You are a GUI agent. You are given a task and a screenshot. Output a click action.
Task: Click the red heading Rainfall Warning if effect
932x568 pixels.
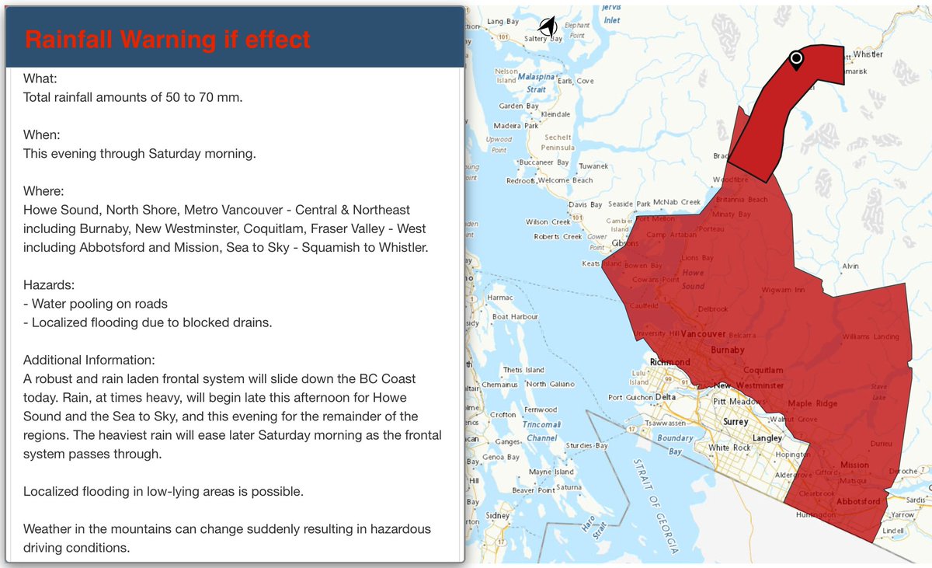click(167, 39)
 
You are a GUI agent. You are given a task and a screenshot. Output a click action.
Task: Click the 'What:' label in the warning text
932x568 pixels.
click(40, 78)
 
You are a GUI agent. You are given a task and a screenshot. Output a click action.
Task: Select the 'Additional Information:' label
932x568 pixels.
click(89, 361)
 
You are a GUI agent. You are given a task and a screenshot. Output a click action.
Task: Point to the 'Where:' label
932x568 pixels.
click(43, 190)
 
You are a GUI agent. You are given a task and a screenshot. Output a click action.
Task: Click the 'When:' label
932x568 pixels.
click(41, 134)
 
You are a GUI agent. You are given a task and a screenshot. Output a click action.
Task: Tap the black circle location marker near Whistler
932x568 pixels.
click(795, 58)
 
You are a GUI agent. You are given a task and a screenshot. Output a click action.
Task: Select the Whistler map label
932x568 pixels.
click(868, 54)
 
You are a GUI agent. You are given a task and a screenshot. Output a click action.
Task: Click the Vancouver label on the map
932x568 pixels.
click(703, 334)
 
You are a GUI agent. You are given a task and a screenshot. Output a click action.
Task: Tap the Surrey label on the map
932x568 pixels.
click(735, 422)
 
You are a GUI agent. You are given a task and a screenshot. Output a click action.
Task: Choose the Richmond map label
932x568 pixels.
click(670, 362)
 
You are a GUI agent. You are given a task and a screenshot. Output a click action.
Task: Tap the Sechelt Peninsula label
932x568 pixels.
click(559, 142)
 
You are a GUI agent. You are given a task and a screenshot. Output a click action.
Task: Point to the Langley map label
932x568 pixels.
click(768, 438)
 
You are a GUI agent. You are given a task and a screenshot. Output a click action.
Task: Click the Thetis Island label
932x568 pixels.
click(523, 370)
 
